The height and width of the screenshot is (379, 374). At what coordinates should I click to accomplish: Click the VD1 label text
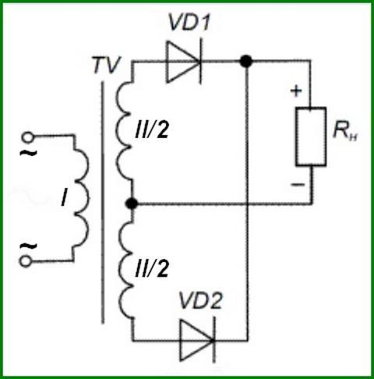click(189, 22)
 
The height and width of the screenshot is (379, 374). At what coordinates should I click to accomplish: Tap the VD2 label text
click(200, 301)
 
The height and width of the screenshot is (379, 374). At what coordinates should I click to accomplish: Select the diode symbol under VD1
click(184, 62)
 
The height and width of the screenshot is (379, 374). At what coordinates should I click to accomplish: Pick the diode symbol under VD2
click(197, 340)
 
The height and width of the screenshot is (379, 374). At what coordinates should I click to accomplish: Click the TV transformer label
click(107, 65)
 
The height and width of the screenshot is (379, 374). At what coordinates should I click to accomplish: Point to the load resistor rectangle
click(311, 136)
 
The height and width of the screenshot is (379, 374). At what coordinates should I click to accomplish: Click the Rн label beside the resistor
click(345, 130)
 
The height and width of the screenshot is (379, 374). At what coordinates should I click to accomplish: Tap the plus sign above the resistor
click(296, 91)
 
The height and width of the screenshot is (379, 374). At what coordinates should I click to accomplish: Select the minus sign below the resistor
click(298, 185)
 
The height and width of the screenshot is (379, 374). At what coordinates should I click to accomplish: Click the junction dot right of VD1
click(245, 62)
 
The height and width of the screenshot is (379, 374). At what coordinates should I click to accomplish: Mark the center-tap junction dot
click(132, 204)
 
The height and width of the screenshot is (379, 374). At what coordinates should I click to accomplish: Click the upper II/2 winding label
click(152, 129)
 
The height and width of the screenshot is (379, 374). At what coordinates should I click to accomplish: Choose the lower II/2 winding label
click(152, 267)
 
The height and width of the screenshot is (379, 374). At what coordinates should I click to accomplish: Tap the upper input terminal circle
click(27, 137)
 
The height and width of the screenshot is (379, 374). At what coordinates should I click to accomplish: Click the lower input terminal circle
click(25, 261)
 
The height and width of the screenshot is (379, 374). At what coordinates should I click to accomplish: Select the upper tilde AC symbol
click(28, 152)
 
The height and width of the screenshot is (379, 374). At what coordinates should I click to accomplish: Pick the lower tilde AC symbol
click(29, 246)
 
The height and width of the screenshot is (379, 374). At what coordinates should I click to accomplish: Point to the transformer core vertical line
click(103, 203)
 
